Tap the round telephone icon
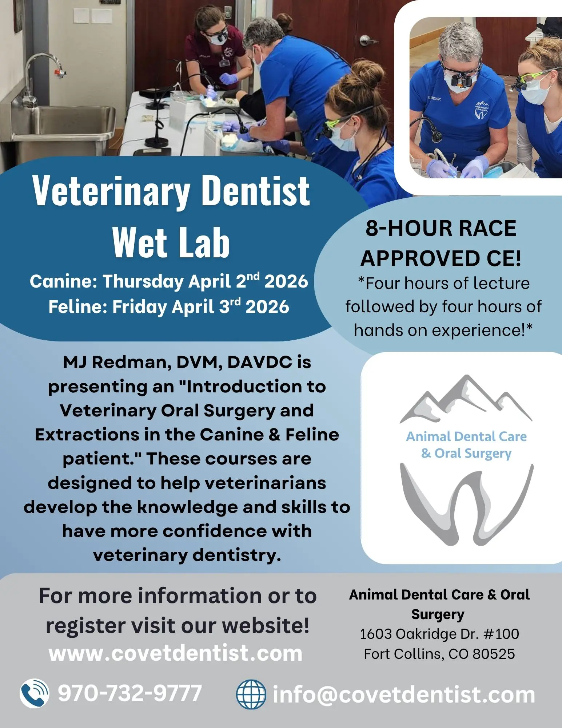34,693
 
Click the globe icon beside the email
251,694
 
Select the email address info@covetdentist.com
404,695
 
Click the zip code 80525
494,654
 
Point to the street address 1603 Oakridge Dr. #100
439,634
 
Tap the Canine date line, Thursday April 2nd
169,281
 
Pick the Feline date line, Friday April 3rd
169,306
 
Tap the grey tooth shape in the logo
467,504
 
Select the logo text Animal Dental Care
466,436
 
